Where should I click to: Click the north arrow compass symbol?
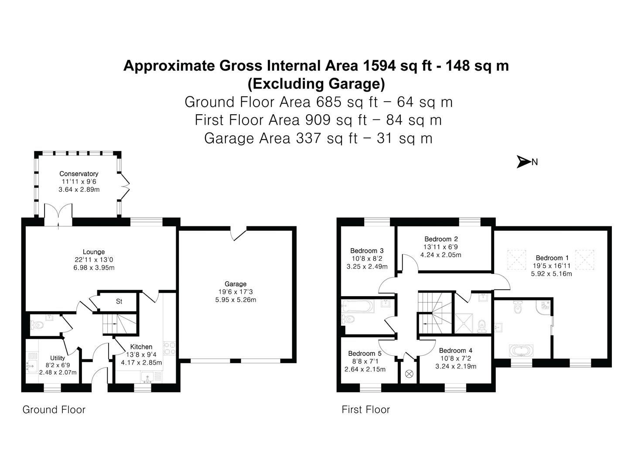click(x=523, y=162)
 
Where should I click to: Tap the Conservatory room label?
click(x=79, y=174)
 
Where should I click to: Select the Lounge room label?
click(x=94, y=252)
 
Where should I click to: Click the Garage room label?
click(x=235, y=284)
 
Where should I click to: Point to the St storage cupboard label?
click(x=119, y=301)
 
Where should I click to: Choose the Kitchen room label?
click(x=141, y=347)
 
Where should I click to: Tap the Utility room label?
click(x=57, y=358)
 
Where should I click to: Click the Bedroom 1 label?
click(x=552, y=258)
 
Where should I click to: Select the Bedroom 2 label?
click(x=441, y=239)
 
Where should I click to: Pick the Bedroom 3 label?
click(x=367, y=251)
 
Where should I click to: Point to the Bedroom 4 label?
click(x=455, y=350)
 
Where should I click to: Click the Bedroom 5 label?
click(x=365, y=353)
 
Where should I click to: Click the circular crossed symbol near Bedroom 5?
click(x=410, y=374)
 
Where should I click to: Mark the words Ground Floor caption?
click(x=54, y=410)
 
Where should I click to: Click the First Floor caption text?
click(x=365, y=410)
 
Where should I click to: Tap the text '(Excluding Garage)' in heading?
click(x=316, y=83)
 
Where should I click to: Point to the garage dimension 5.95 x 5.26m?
click(x=235, y=300)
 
